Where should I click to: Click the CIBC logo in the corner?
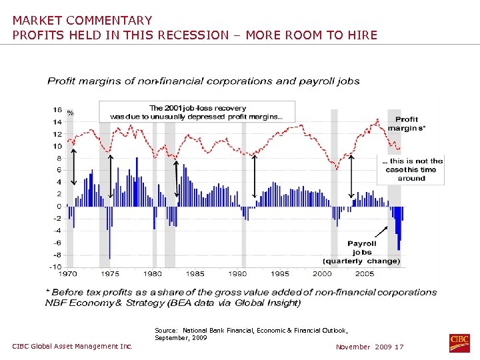click(459, 343)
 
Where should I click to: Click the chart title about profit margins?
click(203, 81)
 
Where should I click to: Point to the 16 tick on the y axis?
click(57, 110)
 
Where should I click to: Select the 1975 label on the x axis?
click(110, 274)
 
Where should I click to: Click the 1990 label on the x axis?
click(237, 274)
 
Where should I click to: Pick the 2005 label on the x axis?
click(365, 274)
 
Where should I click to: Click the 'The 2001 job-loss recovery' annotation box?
click(197, 112)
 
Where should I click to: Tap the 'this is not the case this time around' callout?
click(411, 169)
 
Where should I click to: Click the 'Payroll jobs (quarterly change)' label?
click(361, 252)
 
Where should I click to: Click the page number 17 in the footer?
click(399, 347)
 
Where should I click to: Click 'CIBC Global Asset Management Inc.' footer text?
click(73, 346)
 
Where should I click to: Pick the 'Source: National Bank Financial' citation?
click(251, 334)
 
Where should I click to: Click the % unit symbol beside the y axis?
click(70, 113)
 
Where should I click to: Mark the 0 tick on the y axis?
click(59, 207)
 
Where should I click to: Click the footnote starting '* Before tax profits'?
click(241, 297)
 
